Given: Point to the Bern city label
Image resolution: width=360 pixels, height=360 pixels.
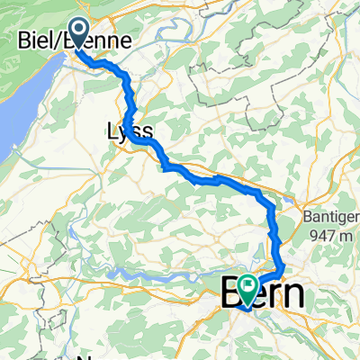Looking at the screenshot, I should click(x=261, y=293).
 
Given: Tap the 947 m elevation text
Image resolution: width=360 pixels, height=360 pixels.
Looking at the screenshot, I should click(x=337, y=236).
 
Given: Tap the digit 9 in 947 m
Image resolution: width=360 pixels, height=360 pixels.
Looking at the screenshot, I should click(x=319, y=236).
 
